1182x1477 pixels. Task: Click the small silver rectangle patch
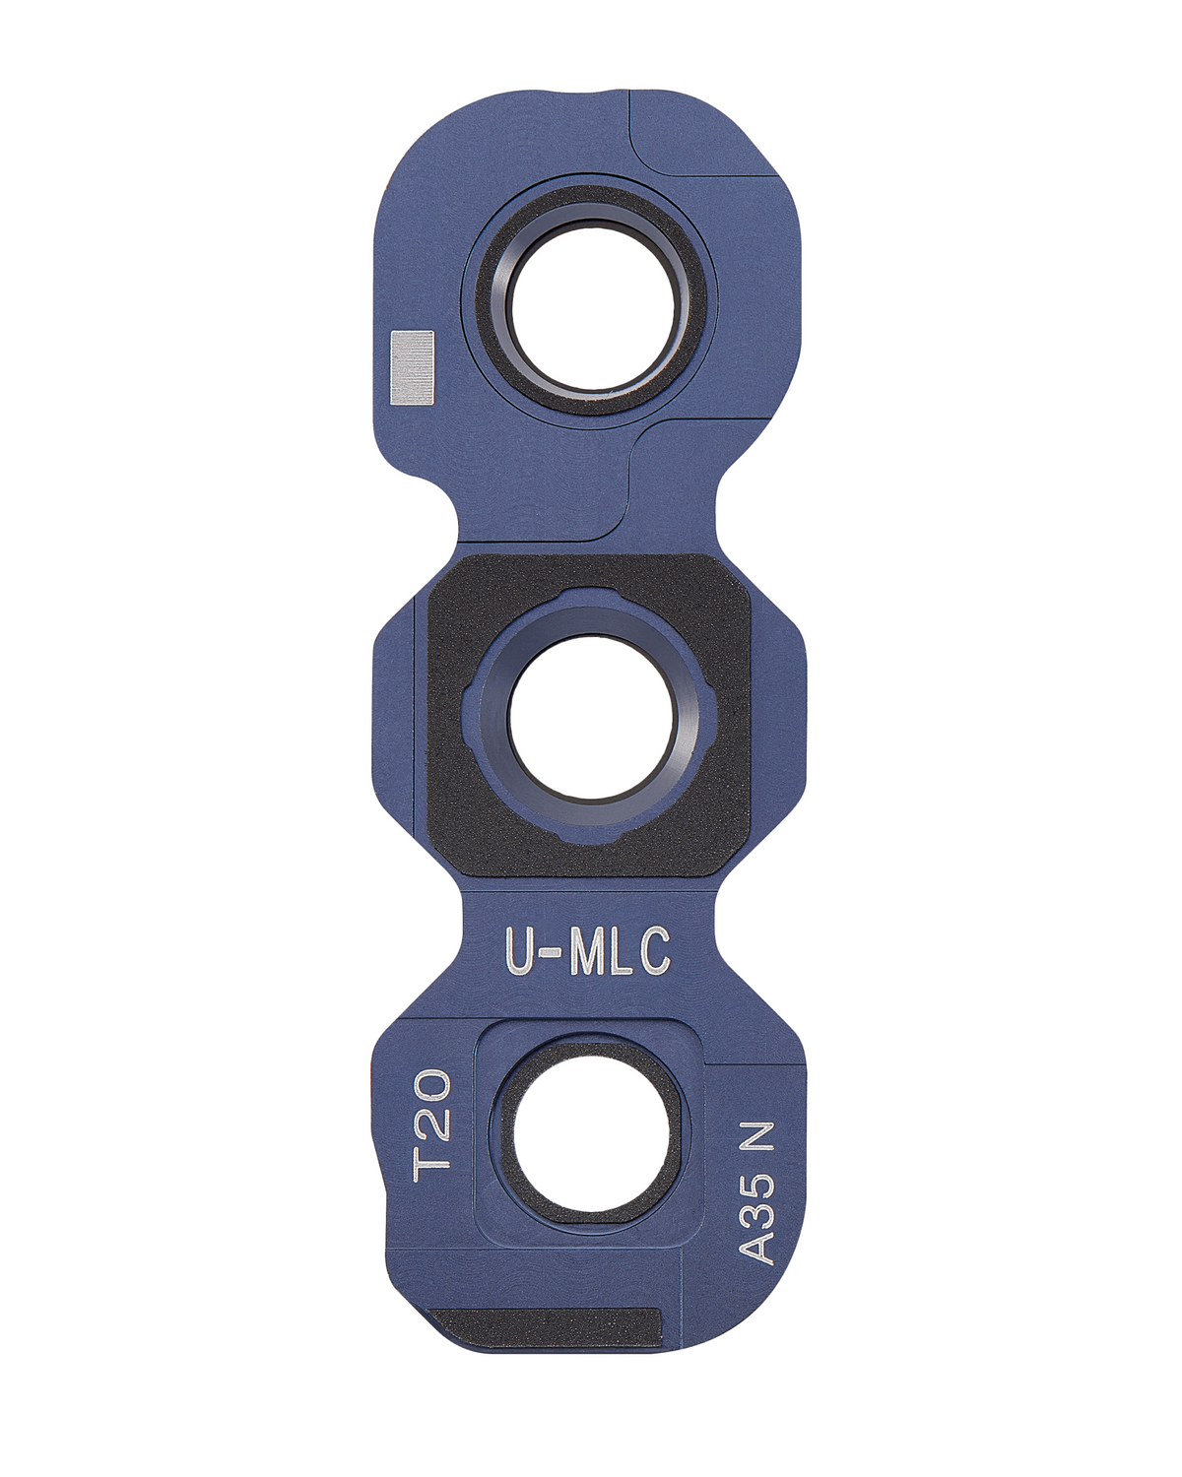coord(412,367)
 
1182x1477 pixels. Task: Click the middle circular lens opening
coord(591,715)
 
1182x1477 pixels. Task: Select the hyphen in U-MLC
coord(552,954)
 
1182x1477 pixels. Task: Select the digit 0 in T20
coord(433,1089)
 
